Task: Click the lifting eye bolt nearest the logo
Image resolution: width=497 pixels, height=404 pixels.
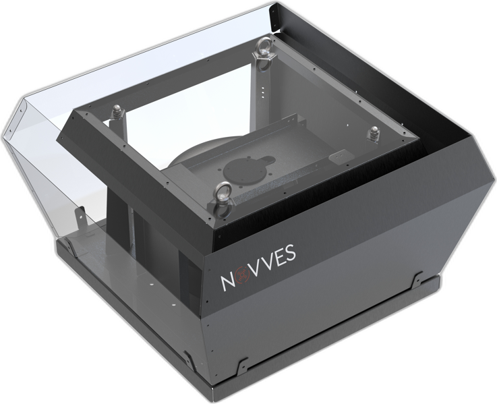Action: (x=223, y=200)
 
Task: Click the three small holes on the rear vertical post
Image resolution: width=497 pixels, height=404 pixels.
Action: (x=262, y=90)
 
